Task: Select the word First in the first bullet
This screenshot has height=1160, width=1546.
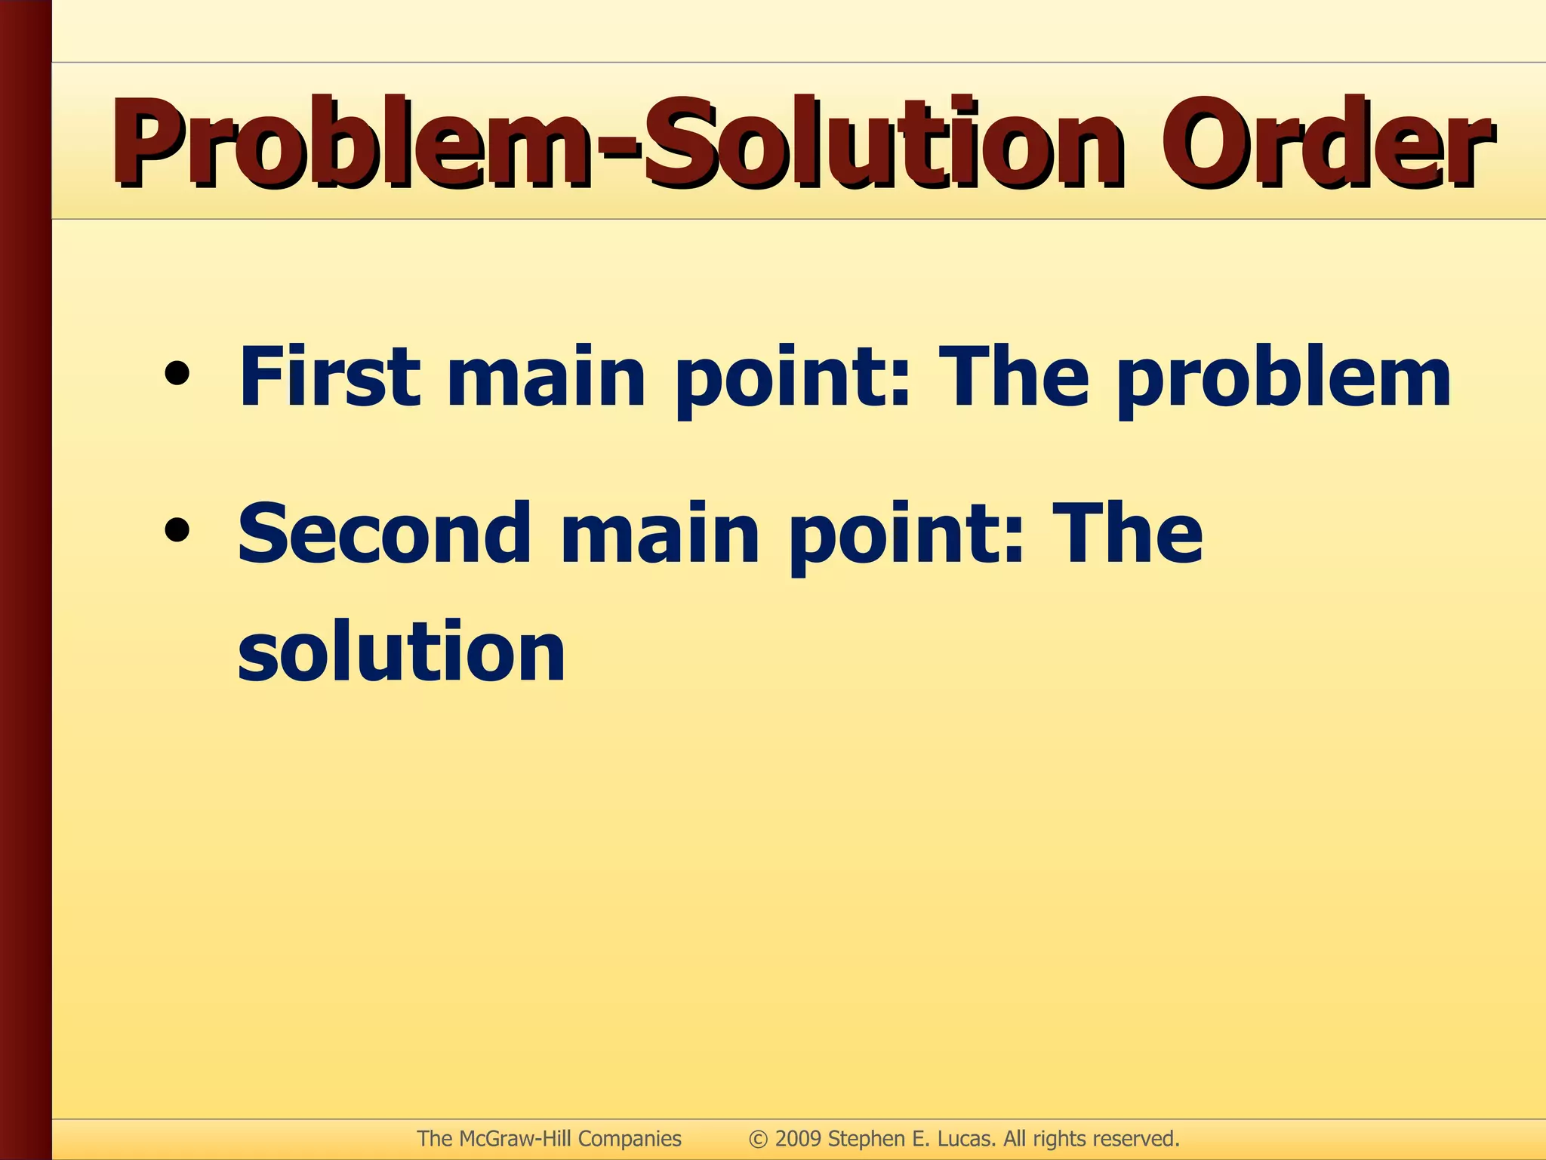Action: (329, 376)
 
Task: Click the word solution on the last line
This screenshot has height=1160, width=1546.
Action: (402, 651)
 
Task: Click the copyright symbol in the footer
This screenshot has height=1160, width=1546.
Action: (758, 1139)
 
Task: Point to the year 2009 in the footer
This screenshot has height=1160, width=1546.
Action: (798, 1139)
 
